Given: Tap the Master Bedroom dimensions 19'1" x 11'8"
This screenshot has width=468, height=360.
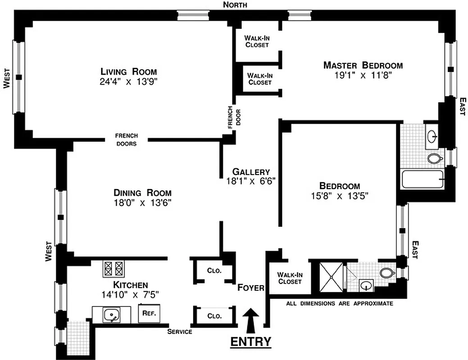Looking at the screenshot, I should click(x=363, y=76).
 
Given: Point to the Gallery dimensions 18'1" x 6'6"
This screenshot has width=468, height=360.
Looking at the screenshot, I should click(x=251, y=180).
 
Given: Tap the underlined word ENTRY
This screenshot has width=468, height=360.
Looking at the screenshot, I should click(x=251, y=342).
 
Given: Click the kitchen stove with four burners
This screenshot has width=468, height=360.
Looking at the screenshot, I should click(x=114, y=269).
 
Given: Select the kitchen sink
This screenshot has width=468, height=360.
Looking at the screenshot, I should click(x=111, y=315).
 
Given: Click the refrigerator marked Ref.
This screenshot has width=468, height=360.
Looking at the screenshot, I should click(x=149, y=314).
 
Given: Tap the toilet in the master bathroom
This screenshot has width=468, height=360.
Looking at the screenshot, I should click(x=434, y=158).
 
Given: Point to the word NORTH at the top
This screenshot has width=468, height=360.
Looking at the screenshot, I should click(x=235, y=5).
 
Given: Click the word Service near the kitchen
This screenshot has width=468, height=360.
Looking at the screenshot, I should click(x=180, y=332).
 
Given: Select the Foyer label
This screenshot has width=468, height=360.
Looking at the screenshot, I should click(x=251, y=288).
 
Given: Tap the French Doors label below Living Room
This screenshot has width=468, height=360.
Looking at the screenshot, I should click(x=127, y=139).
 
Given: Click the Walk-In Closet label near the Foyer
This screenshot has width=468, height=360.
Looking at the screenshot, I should click(x=289, y=278).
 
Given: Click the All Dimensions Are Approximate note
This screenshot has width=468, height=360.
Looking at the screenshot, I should click(x=340, y=303).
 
